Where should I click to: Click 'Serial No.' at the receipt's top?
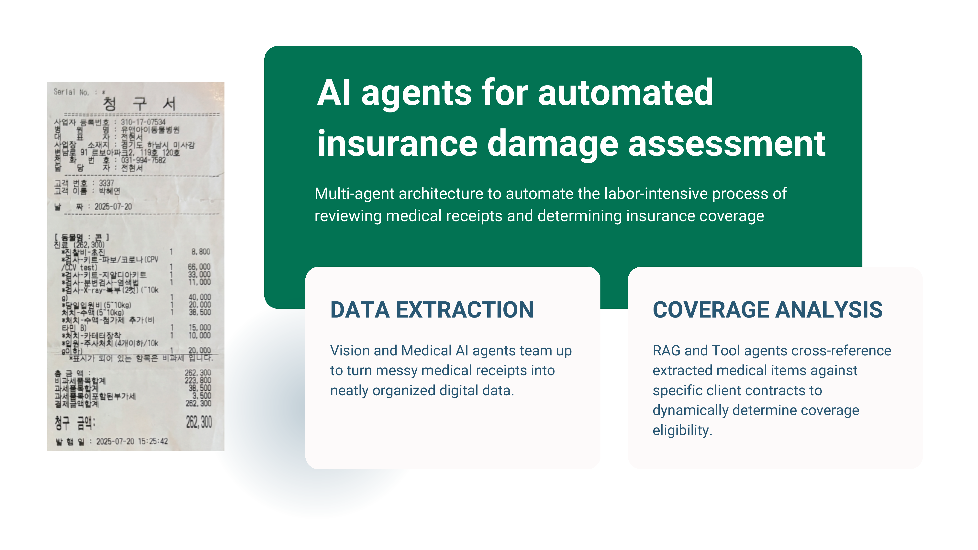71,92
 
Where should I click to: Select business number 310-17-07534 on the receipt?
143,122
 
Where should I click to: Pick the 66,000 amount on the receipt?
199,267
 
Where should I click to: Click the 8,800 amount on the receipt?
200,252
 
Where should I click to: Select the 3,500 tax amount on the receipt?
201,396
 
